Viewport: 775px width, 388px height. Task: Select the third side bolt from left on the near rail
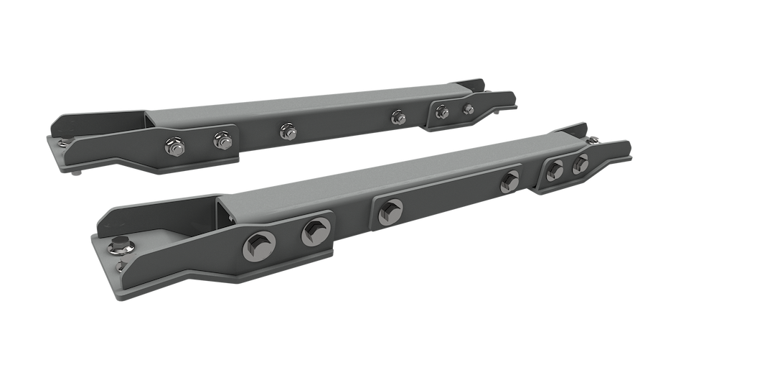[x=390, y=210]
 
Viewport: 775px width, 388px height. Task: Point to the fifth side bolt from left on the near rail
[x=555, y=168]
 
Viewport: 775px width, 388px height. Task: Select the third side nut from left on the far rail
[x=286, y=130]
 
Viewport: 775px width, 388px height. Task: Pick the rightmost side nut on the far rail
[x=469, y=109]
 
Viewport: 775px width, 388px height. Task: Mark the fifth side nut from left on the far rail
[x=442, y=111]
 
